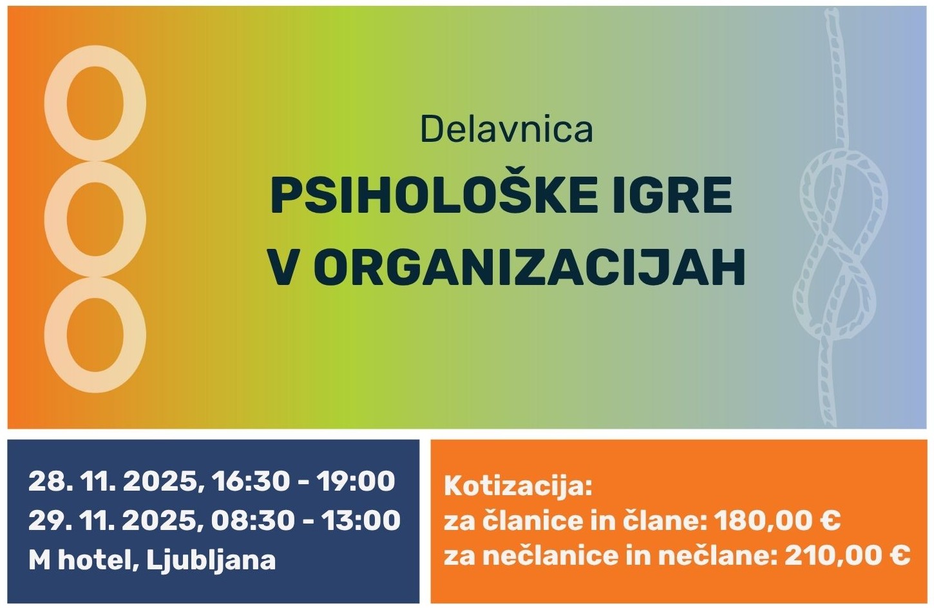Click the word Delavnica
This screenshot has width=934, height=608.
point(506,129)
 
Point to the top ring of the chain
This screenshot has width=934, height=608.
point(95,103)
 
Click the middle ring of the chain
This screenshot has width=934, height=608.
point(95,219)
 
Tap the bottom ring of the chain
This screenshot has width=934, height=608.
point(95,335)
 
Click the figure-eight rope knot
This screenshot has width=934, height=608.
point(844,245)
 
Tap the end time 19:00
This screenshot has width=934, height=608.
point(356,481)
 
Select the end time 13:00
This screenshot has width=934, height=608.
point(361,520)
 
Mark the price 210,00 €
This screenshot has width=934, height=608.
point(847,554)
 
